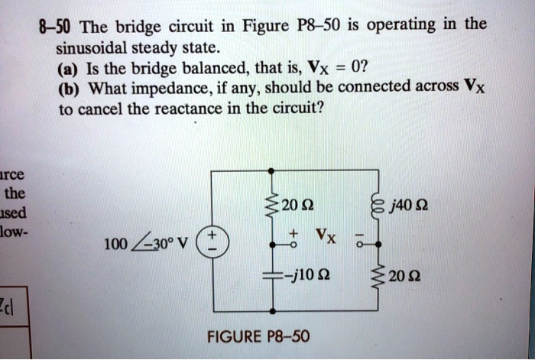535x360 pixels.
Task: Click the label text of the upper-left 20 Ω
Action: click(x=294, y=205)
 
